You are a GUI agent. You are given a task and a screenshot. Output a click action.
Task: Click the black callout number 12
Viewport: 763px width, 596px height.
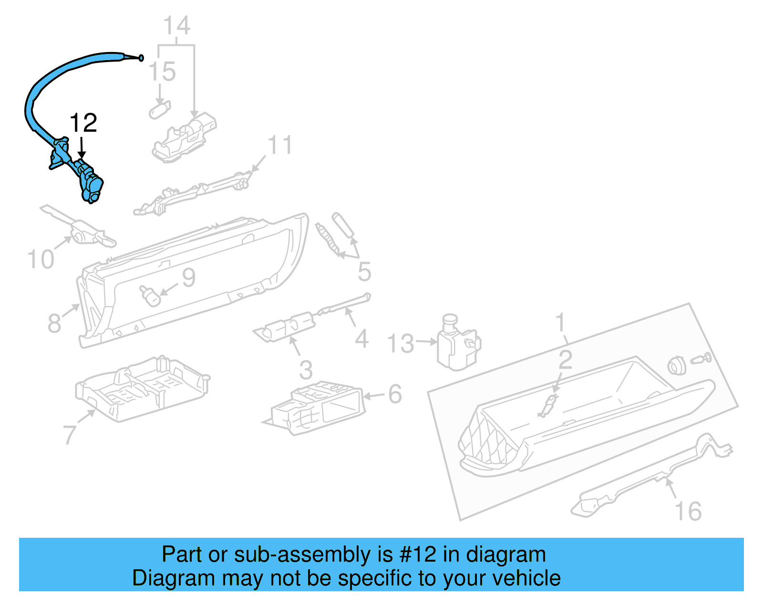click(x=83, y=123)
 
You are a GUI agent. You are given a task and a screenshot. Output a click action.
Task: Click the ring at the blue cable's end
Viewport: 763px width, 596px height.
click(x=141, y=58)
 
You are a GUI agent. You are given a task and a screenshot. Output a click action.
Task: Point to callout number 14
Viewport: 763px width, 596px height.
click(x=176, y=26)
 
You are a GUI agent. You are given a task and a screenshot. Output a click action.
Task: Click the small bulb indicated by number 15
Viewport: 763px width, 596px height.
click(x=160, y=110)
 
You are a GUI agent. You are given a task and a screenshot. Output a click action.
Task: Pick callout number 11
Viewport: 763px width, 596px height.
click(x=280, y=145)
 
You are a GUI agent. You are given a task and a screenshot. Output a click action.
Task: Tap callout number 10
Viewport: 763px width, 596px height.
click(x=41, y=260)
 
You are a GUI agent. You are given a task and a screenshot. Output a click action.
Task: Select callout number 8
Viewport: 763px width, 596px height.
click(x=54, y=324)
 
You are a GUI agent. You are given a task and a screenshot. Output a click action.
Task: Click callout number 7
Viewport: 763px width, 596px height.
click(x=70, y=435)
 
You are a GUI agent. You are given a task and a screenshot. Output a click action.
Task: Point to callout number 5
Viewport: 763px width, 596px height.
click(x=364, y=272)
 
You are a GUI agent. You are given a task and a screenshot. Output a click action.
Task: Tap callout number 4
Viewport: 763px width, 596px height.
click(x=361, y=339)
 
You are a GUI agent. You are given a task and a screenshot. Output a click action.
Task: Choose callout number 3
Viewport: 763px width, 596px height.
click(x=306, y=370)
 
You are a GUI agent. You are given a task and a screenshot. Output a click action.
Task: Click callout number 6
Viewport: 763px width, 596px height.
click(x=395, y=394)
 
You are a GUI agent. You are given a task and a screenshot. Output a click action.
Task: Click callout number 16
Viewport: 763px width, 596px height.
click(x=688, y=512)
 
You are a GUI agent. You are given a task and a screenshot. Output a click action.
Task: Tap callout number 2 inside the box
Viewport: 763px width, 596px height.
click(x=565, y=360)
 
